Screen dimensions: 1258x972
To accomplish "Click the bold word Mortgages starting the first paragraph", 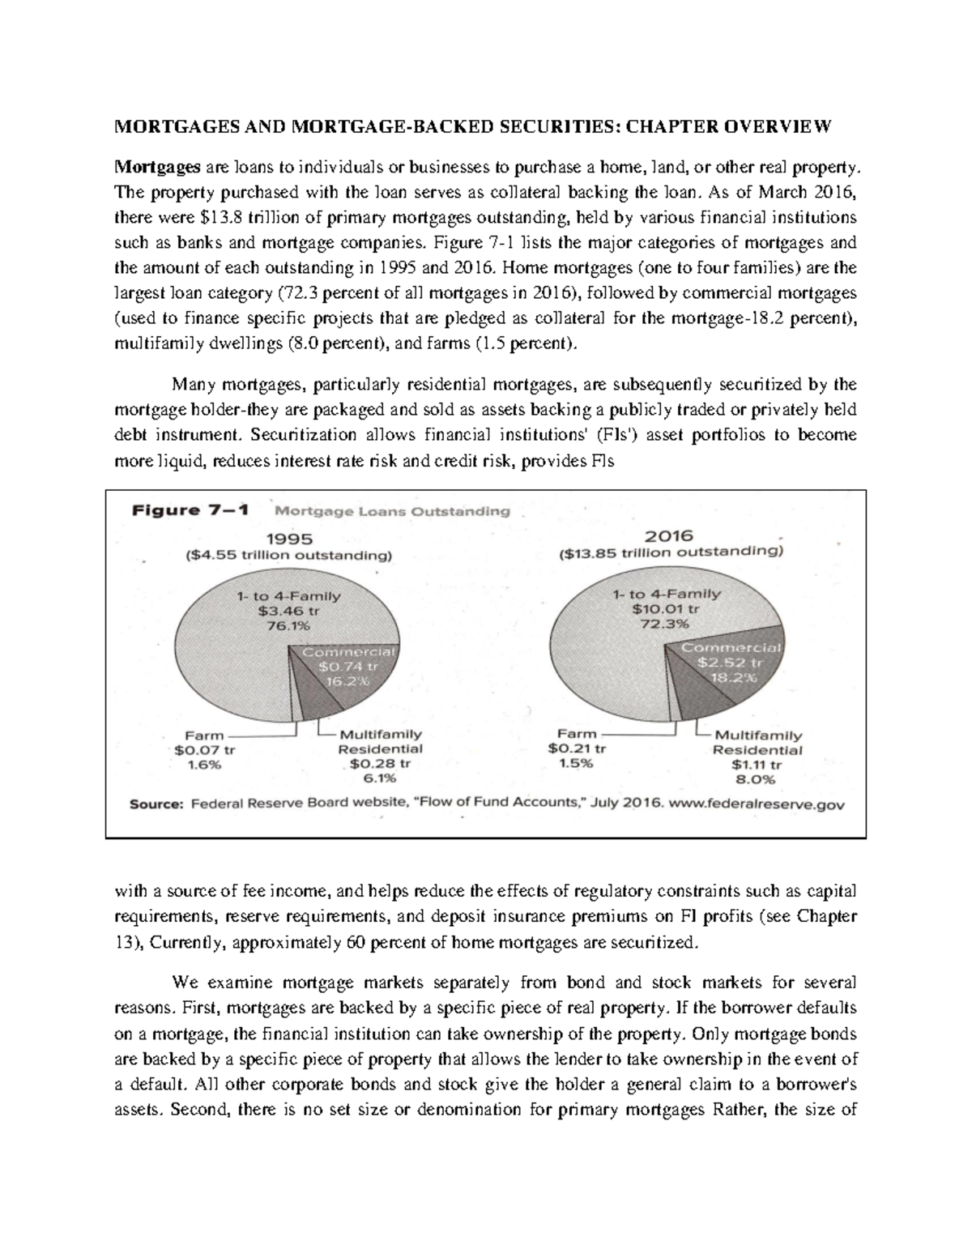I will pyautogui.click(x=156, y=168).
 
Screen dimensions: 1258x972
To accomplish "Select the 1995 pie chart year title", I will pyautogui.click(x=288, y=538).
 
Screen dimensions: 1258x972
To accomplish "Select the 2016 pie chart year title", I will pyautogui.click(x=670, y=535).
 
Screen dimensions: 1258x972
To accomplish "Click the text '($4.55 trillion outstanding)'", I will pyautogui.click(x=288, y=556).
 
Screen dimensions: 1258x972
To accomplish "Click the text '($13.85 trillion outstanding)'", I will pyautogui.click(x=670, y=553).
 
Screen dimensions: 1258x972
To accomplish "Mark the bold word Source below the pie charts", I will pyautogui.click(x=160, y=805).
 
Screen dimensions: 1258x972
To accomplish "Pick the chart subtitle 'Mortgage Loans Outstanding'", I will pyautogui.click(x=393, y=511).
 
